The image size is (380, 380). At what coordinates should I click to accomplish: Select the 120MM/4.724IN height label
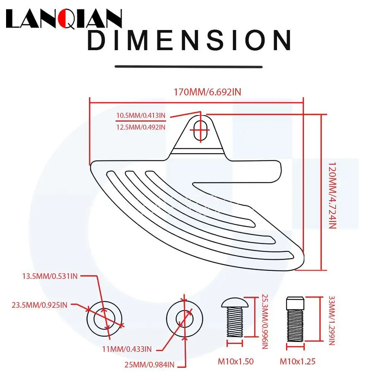coord(332,193)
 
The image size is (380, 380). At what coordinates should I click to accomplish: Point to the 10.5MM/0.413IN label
coord(141,116)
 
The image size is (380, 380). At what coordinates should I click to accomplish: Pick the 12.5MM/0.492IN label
coord(141,127)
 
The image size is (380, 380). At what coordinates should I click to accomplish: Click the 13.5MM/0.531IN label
coord(50,276)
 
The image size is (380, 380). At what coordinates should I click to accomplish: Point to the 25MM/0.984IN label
coord(149,365)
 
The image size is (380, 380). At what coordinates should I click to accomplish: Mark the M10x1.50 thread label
coord(236,361)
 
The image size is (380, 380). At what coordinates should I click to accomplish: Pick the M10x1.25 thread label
coord(298,361)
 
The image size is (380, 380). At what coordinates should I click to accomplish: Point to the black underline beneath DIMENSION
coord(189,66)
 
